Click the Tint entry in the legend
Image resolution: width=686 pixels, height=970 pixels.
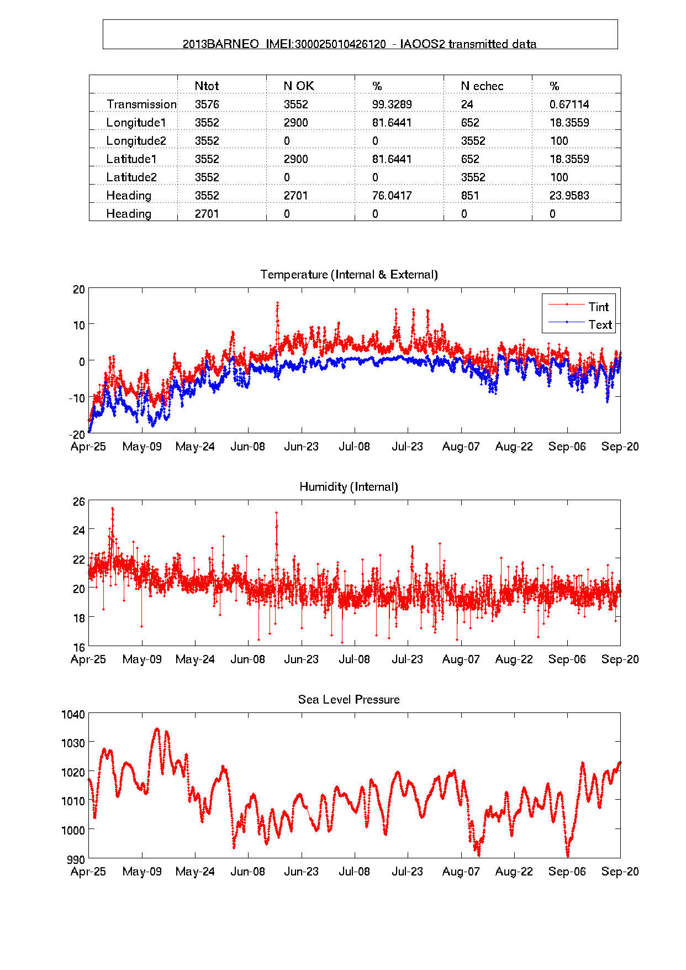[x=598, y=307]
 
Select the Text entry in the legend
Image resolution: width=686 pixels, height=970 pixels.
[x=600, y=324]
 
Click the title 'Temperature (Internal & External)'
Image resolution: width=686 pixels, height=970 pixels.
[x=349, y=275]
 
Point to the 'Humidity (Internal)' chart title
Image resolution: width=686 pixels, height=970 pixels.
[x=349, y=487]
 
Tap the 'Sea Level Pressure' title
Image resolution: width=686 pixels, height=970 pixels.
[x=349, y=700]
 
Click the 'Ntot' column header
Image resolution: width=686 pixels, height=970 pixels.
[x=207, y=86]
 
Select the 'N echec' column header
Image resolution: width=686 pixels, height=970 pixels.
[x=482, y=86]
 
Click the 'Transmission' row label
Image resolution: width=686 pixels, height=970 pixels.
[x=141, y=104]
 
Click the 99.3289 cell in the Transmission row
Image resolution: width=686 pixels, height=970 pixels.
[x=392, y=104]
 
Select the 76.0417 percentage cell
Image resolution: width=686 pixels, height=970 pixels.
[x=392, y=196]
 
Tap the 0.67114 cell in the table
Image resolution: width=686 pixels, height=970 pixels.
[x=569, y=104]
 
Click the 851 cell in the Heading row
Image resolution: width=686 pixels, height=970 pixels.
[x=470, y=196]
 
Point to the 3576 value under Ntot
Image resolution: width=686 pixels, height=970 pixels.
[x=207, y=104]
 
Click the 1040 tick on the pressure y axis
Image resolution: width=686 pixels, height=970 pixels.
[x=73, y=715]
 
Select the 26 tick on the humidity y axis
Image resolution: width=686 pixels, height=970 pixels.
[x=79, y=502]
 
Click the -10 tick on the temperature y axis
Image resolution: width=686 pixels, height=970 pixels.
[x=77, y=398]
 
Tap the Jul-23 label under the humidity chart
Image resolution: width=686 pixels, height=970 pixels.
[x=407, y=659]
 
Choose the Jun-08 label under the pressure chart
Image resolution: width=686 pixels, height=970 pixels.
[x=247, y=872]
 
